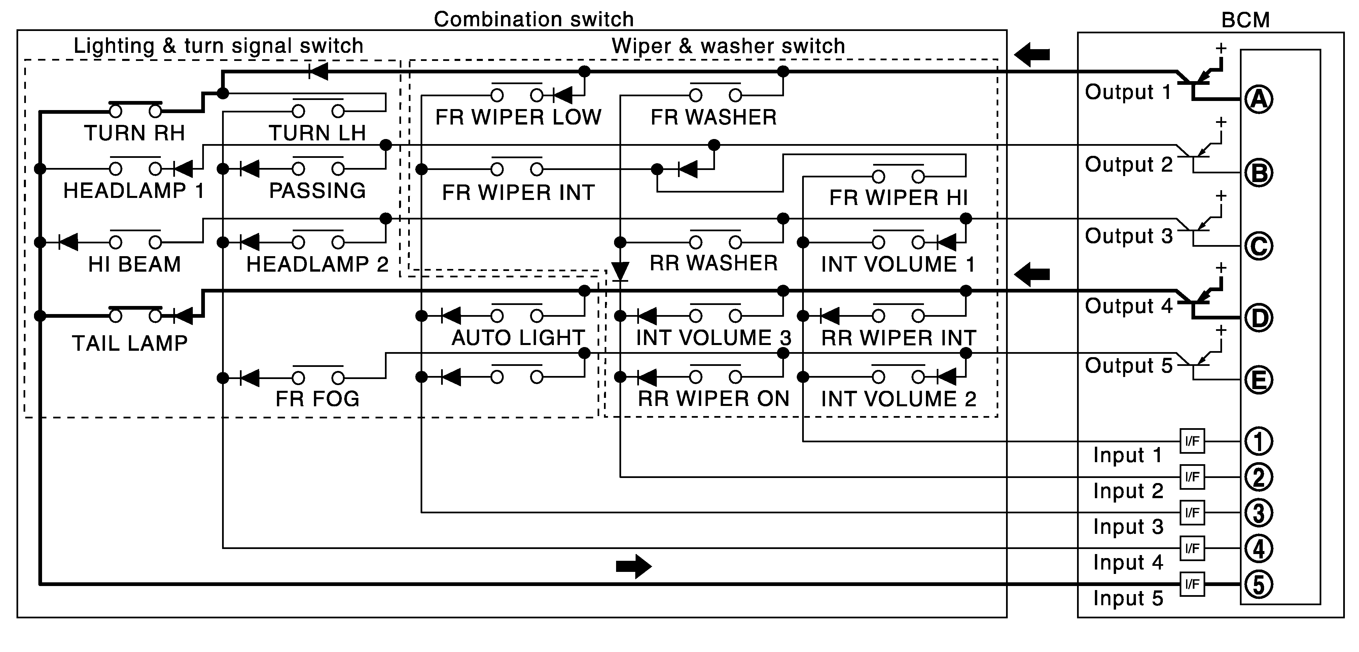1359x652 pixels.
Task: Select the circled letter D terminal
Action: click(x=1259, y=318)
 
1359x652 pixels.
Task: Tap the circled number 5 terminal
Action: click(x=1259, y=584)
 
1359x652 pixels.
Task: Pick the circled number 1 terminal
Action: click(x=1259, y=441)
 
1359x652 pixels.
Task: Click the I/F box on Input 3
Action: click(x=1192, y=513)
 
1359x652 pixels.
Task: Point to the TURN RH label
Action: click(x=135, y=133)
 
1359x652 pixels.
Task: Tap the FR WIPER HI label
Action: click(x=898, y=198)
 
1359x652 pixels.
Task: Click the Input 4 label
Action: click(x=1128, y=563)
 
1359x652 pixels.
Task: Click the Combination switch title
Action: click(x=533, y=20)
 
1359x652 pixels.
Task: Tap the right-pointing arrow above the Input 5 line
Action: click(x=634, y=567)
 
